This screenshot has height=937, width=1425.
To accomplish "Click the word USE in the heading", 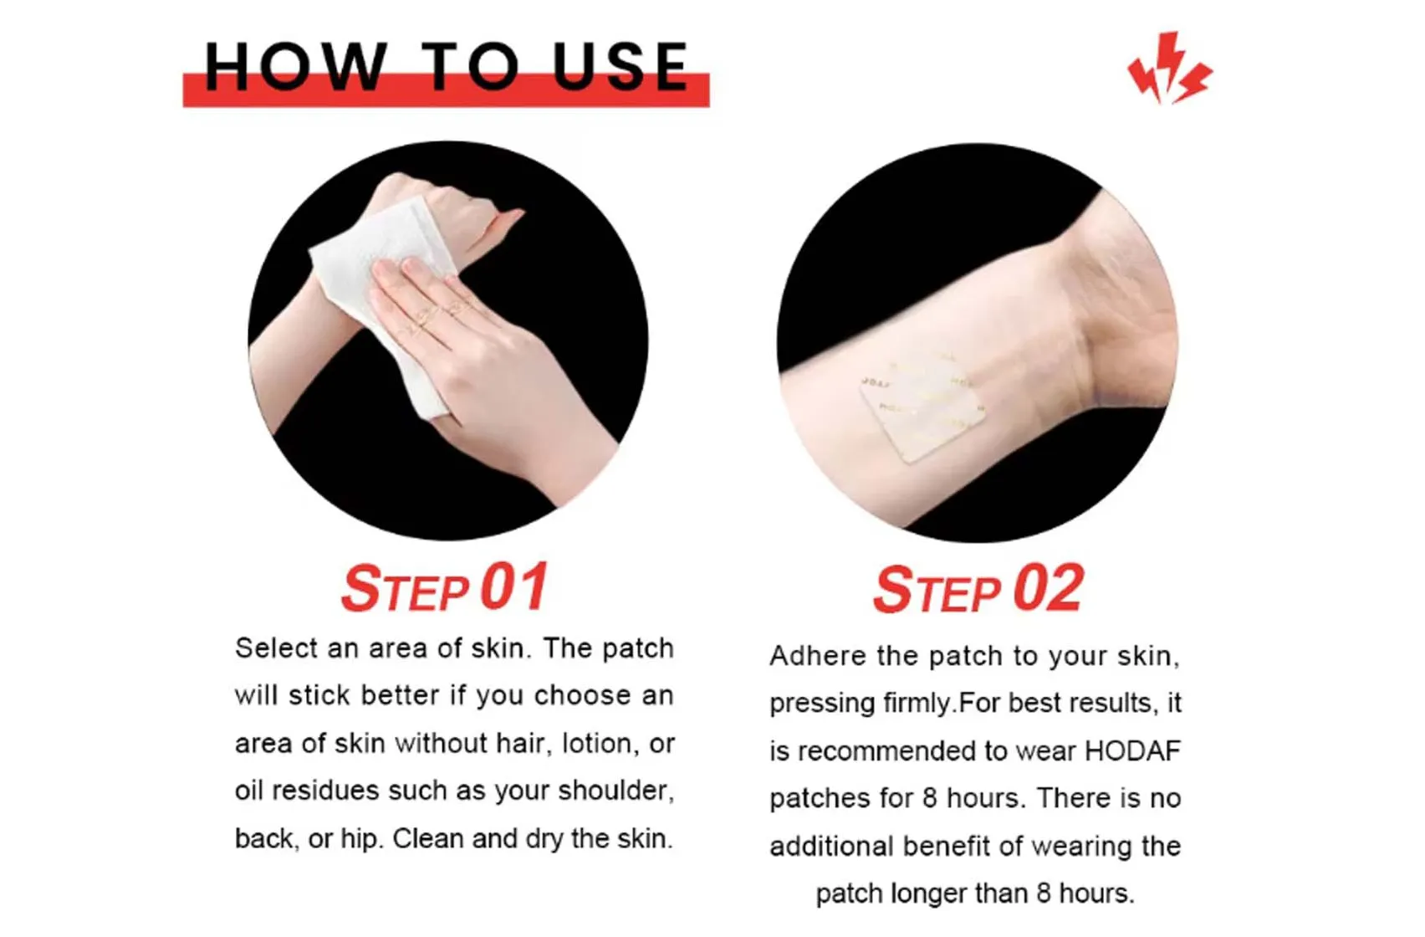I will click(x=621, y=66).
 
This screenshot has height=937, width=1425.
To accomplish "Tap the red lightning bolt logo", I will click(x=1169, y=69).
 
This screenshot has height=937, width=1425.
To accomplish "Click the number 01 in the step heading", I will click(x=513, y=587).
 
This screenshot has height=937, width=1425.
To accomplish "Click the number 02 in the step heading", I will click(x=1049, y=590).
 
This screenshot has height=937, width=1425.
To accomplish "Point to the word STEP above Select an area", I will click(x=406, y=589).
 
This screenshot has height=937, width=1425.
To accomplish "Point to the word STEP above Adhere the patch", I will click(x=937, y=591).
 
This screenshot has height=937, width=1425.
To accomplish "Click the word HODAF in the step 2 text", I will click(x=1132, y=751).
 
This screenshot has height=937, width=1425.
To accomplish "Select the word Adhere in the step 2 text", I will click(x=818, y=656).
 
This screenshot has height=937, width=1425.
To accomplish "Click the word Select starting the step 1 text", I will click(x=277, y=648).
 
